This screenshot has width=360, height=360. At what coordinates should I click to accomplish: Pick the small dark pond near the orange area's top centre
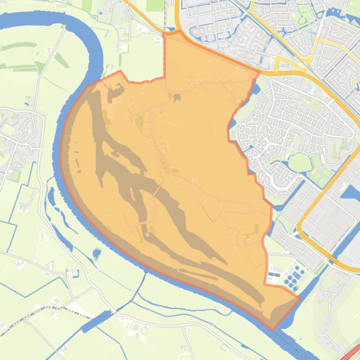coord(177,97)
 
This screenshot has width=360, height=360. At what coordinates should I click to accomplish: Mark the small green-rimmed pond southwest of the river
coord(96,254)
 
